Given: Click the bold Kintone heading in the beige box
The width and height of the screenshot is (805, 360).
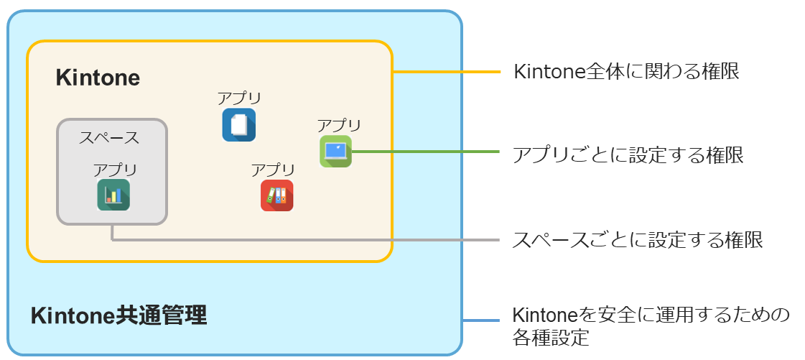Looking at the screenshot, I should coord(98,78).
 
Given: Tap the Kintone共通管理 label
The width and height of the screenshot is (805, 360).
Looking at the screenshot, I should coord(118,315).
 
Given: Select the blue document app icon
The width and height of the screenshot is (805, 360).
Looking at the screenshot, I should coord(238,124).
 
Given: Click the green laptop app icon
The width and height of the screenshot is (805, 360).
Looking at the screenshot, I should coord(335,151).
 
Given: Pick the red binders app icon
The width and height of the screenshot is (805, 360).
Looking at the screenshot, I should coord(276,195).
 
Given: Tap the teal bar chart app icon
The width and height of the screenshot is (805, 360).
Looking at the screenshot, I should coord(113,195).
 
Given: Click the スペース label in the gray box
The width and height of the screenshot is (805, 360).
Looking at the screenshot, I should coord(109,137).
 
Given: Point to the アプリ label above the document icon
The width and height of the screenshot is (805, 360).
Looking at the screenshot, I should coord(239,98).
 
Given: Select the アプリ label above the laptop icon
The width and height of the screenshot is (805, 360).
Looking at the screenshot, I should coord(339,126).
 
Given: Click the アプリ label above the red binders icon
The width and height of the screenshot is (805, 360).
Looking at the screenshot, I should coord(273,170).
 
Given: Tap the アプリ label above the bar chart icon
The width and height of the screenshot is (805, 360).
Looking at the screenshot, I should coord(115,170).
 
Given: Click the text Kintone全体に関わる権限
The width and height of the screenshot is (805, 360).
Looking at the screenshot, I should coord(626,72).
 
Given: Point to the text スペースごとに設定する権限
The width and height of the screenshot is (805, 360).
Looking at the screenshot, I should coord(637,239).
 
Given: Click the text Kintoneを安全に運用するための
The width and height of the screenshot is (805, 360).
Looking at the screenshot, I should coord(651,315).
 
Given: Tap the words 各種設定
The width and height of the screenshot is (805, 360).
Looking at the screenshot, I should coord(551,337).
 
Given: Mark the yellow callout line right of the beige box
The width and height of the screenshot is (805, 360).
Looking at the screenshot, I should coord(445,72).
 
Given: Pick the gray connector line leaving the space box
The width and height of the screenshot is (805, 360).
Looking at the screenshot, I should coord(302,239).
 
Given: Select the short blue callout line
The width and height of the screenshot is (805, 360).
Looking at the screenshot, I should coord(480,320).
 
